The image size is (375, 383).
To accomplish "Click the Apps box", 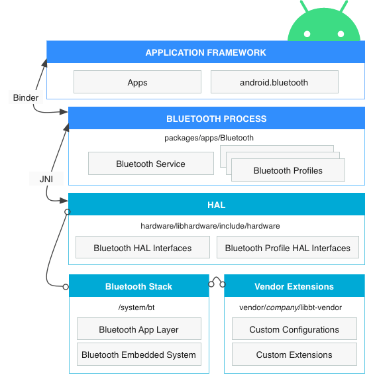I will [137, 83].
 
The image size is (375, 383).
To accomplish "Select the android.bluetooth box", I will [274, 83].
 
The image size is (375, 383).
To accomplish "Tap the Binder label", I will [26, 97].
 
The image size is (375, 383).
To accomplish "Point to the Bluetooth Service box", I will [150, 164].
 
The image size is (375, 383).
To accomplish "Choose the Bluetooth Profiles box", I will [288, 170].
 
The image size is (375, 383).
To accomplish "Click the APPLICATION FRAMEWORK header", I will [205, 52].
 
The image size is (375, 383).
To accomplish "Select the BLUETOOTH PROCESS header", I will [216, 119].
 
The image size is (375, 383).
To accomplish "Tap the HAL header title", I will [216, 205].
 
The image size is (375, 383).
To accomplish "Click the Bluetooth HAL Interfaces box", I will [142, 248].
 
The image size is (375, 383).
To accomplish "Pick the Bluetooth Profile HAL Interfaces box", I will [288, 248].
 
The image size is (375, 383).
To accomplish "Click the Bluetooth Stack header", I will [138, 286].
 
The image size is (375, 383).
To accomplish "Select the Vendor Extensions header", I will [294, 286].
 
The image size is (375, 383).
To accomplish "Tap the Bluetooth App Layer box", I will [138, 329].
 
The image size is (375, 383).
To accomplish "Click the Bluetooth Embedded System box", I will [138, 355].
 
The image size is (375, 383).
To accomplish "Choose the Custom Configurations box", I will [294, 329].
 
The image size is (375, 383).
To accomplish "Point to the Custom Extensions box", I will [294, 355].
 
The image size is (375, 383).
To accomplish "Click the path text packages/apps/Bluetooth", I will [209, 138].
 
